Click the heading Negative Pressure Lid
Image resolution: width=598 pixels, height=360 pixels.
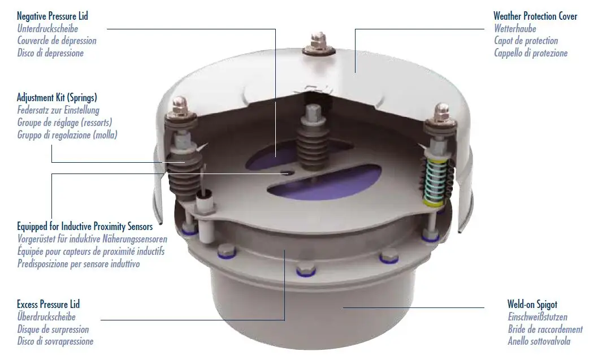[x=52, y=16]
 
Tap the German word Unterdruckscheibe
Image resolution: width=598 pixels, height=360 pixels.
[x=47, y=28]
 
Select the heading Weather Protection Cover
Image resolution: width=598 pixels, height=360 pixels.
[x=535, y=16]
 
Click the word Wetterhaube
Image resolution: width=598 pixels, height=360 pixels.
[x=515, y=28]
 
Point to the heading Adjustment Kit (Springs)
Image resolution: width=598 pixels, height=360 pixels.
[x=57, y=98]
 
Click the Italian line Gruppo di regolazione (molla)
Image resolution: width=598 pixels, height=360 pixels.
[x=67, y=135]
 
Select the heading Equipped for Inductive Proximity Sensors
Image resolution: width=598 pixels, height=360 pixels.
[x=85, y=227]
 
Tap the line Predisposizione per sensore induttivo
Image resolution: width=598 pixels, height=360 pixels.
[x=78, y=264]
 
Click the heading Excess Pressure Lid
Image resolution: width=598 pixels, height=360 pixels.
[x=48, y=305]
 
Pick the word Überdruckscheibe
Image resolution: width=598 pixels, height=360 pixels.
[x=46, y=317]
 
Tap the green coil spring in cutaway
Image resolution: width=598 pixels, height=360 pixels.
[x=435, y=180]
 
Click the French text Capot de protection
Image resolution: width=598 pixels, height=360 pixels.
[x=526, y=41]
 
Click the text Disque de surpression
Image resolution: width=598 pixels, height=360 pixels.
[x=53, y=329]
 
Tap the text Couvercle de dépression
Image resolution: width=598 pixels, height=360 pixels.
[x=57, y=41]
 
